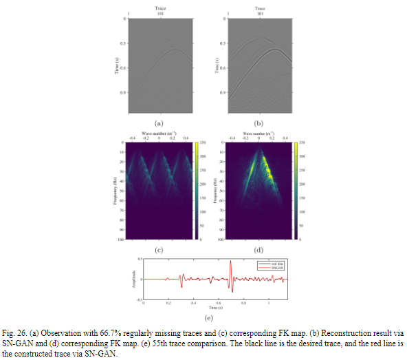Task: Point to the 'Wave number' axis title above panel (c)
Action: (x=159, y=131)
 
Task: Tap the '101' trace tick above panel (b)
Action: (x=261, y=13)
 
